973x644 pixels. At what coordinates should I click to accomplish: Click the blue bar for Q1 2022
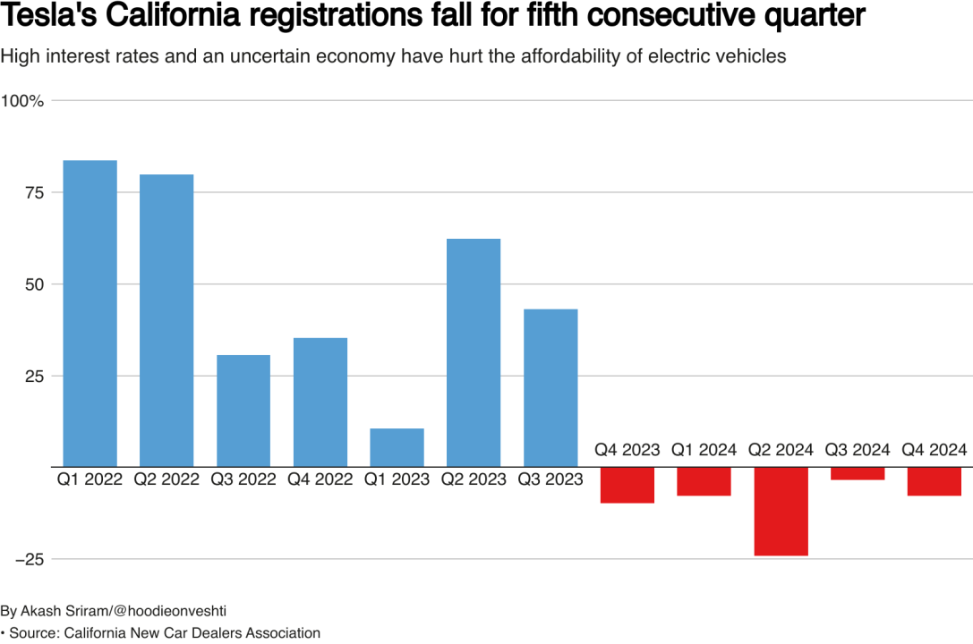tap(90, 313)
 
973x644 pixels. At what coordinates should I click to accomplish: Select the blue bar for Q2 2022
tap(166, 320)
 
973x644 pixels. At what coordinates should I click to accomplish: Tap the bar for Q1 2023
tap(397, 447)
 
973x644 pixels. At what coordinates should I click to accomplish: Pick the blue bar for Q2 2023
tap(474, 352)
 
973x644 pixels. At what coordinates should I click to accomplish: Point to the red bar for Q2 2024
tap(781, 511)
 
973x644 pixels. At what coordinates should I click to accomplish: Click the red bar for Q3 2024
tap(858, 473)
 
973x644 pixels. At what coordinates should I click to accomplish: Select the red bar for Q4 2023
tap(627, 485)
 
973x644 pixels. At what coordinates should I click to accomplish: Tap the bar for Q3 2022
tap(243, 411)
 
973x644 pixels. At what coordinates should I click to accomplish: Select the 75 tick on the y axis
tap(34, 193)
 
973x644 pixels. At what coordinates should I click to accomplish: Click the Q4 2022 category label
tap(320, 480)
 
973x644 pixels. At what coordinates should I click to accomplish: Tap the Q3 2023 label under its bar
tap(550, 480)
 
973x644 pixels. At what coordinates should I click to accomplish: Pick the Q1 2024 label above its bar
tap(704, 449)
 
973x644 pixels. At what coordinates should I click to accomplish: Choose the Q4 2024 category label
tap(934, 449)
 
